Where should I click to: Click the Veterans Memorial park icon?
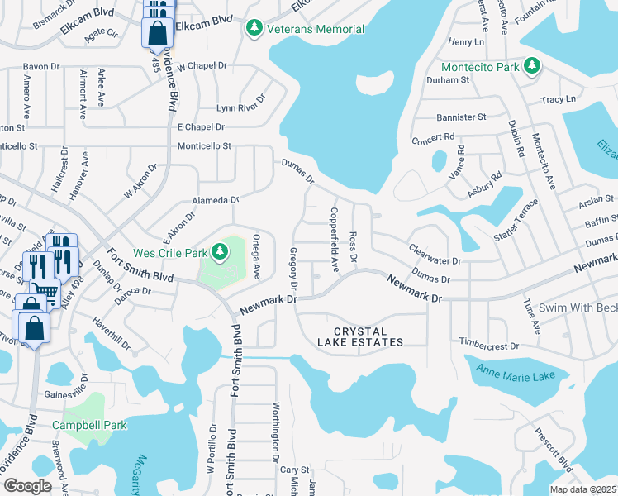coord(255,29)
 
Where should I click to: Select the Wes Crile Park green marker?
coord(220,250)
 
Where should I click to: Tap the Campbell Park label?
coord(89,425)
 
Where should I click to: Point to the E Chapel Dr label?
coord(201,127)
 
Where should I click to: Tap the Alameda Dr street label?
coord(215,200)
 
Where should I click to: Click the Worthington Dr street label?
coord(276,432)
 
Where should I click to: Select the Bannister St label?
coord(461,117)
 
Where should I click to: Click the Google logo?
coord(27,486)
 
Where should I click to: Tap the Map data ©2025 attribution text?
coord(586,489)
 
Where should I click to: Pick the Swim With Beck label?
coord(578,308)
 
